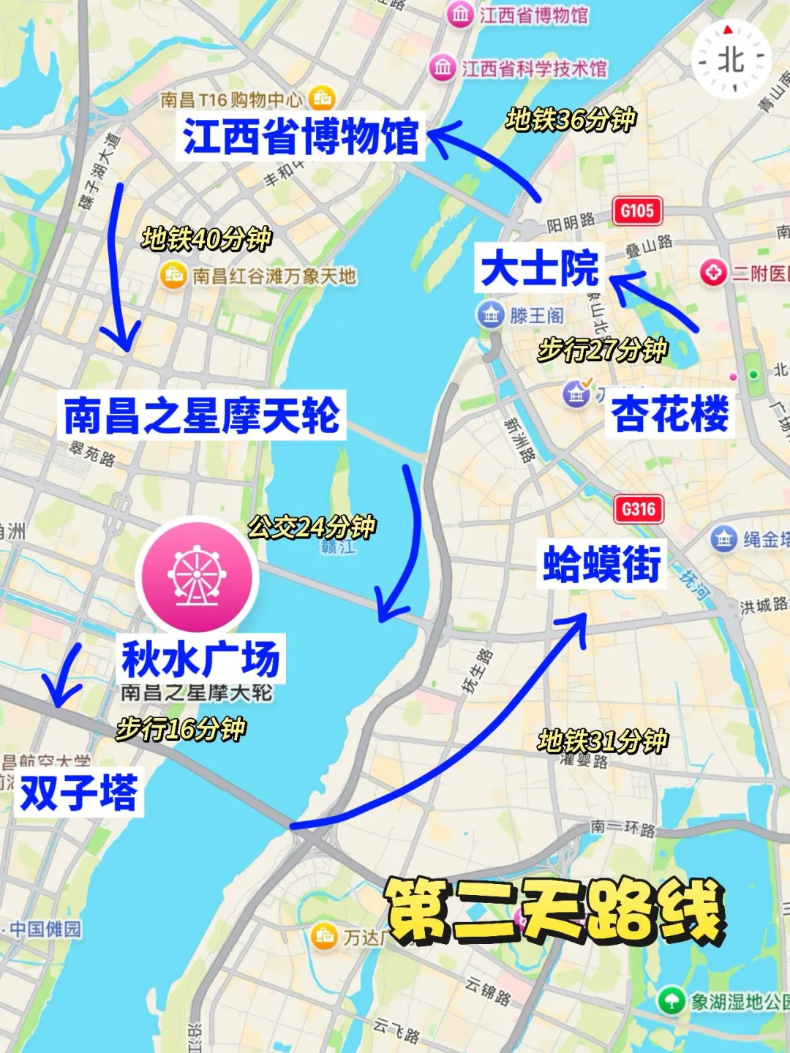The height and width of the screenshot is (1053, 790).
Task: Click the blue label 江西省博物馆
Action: pyautogui.click(x=301, y=136)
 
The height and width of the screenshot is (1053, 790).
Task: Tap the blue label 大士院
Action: pyautogui.click(x=540, y=268)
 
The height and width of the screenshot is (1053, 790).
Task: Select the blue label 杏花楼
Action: pyautogui.click(x=670, y=414)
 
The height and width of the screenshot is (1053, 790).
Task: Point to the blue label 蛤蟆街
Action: pyautogui.click(x=602, y=564)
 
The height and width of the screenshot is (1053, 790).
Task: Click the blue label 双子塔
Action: pyautogui.click(x=79, y=793)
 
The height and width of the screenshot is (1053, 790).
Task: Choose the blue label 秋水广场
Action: pyautogui.click(x=200, y=659)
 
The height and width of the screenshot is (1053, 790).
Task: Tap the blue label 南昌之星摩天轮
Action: pyautogui.click(x=201, y=415)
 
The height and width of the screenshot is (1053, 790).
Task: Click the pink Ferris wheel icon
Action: pyautogui.click(x=197, y=575)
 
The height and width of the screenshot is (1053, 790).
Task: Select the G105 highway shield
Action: pyautogui.click(x=637, y=211)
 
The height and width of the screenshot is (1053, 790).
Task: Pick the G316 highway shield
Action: pyautogui.click(x=639, y=509)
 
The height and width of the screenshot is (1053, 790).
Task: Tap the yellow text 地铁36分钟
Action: pyautogui.click(x=571, y=119)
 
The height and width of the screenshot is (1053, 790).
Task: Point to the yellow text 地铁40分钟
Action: pyautogui.click(x=206, y=238)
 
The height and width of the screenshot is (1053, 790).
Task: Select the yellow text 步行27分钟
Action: pyautogui.click(x=603, y=350)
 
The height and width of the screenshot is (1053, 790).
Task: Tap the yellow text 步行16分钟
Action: pyautogui.click(x=181, y=728)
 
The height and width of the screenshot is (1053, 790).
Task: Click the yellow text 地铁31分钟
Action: pyautogui.click(x=603, y=741)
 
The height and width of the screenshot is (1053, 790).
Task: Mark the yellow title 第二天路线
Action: pyautogui.click(x=554, y=910)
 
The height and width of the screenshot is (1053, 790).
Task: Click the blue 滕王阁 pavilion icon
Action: pyautogui.click(x=490, y=315)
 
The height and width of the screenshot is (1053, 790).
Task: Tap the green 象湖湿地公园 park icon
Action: pyautogui.click(x=671, y=1000)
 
